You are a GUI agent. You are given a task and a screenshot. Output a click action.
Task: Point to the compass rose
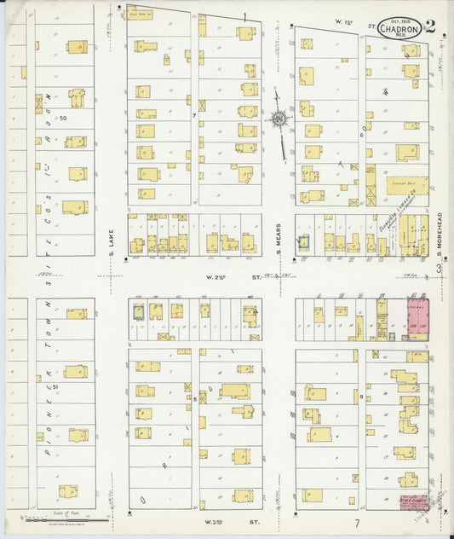[279, 119]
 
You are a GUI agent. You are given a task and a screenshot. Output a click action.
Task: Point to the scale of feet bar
[64, 519]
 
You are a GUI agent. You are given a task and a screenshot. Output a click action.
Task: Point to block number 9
[361, 397]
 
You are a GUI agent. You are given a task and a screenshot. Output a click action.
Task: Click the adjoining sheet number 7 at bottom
[358, 522]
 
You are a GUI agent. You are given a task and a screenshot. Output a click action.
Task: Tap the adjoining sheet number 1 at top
[244, 16]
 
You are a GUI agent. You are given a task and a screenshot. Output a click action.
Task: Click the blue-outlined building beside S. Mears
[303, 242]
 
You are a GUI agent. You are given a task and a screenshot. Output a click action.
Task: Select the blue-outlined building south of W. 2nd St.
[138, 312]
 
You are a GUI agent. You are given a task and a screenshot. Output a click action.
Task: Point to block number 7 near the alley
[194, 114]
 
